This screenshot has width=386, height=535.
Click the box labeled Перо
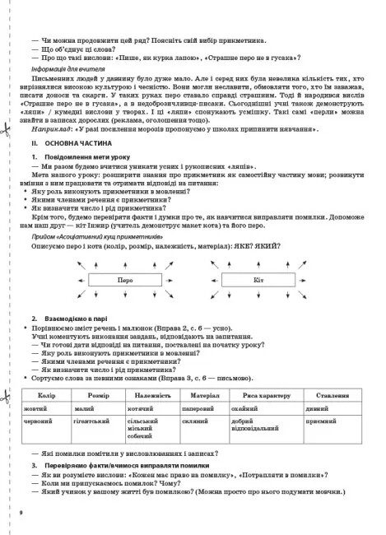point(124,279)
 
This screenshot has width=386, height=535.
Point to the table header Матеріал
point(209,395)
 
